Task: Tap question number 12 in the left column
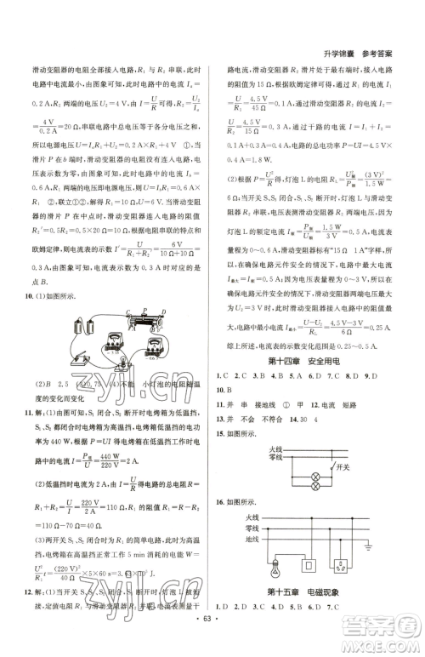pyautogui.click(x=31, y=591)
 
